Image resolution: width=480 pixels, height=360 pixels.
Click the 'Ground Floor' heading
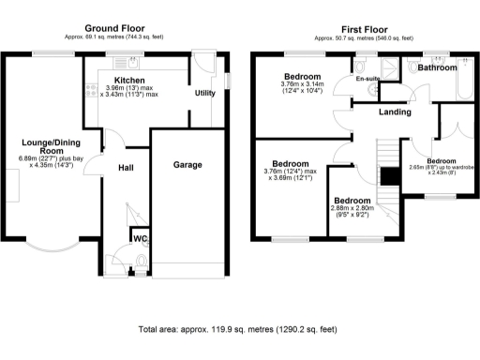pos(121,28)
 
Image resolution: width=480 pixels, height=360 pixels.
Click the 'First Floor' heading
pos(353,28)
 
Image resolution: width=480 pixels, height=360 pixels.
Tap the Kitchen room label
pos(129,81)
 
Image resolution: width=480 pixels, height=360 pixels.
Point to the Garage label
pos(187,164)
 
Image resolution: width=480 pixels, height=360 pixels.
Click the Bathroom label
pos(438,68)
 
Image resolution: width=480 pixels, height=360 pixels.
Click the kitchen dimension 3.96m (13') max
pos(129,89)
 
